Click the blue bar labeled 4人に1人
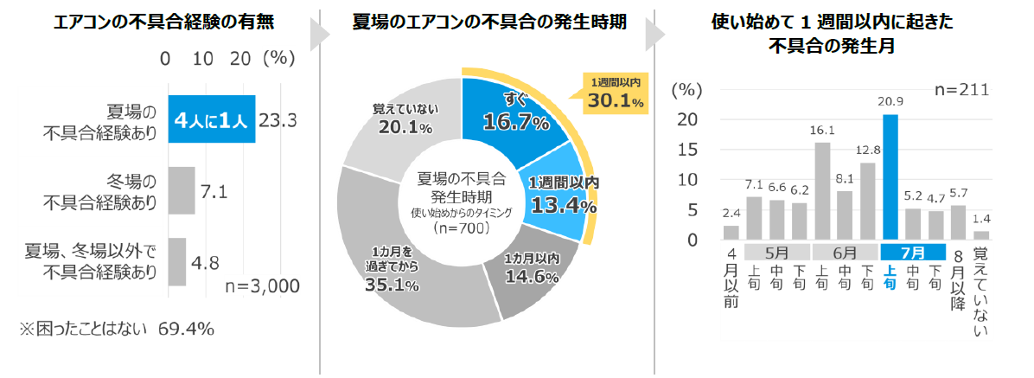[211, 119]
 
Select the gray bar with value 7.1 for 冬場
[181, 190]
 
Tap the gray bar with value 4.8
[176, 261]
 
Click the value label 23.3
[278, 120]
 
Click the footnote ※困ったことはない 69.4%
[117, 330]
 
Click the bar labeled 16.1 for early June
[822, 190]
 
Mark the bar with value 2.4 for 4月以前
[731, 232]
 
